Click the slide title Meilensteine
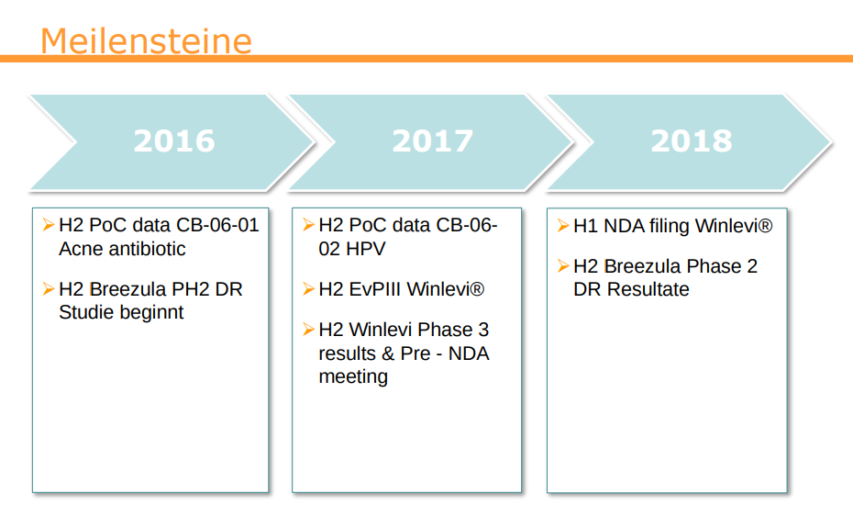[x=146, y=40]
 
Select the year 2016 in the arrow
[x=174, y=141]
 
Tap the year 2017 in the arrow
[x=433, y=141]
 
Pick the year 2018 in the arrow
[x=692, y=141]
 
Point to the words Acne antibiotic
[x=122, y=249]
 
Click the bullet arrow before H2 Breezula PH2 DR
[x=49, y=288]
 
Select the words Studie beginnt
[x=121, y=312]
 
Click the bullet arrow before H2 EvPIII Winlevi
[x=308, y=288]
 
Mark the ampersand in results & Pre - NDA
[x=388, y=353]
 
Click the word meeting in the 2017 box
[x=353, y=377]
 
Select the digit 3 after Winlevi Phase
[x=483, y=330]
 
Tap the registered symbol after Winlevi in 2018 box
[x=765, y=225]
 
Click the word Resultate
[x=648, y=289]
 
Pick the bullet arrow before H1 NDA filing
[x=563, y=225]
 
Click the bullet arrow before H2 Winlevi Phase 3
[x=308, y=329]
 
